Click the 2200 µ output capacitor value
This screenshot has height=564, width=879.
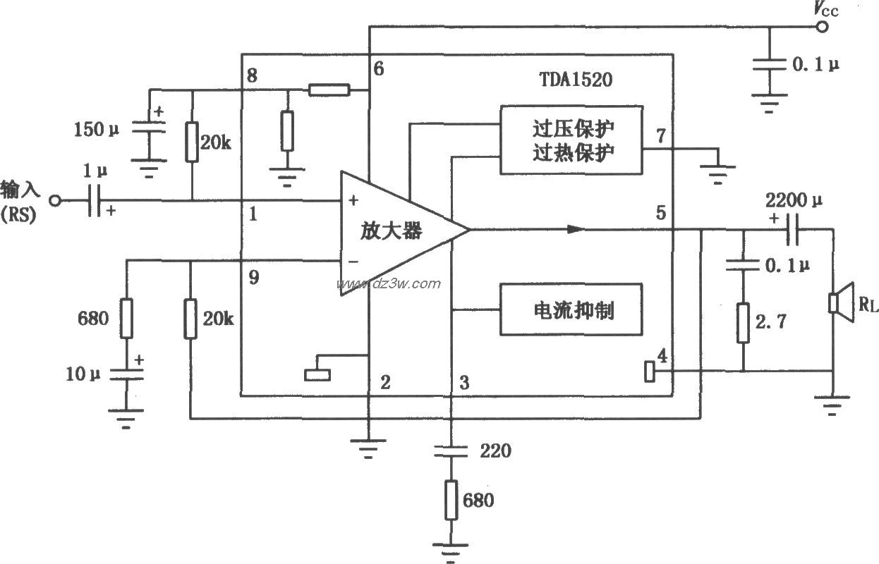tap(793, 201)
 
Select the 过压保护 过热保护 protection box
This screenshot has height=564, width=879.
tap(571, 140)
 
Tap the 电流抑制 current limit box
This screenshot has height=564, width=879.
tap(571, 309)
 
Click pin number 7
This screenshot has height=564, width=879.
tap(660, 136)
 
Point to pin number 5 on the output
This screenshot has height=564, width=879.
tap(660, 212)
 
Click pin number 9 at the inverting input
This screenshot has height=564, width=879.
tap(253, 278)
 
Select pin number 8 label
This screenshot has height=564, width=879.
tap(252, 75)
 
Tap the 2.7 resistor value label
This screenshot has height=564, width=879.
tap(770, 323)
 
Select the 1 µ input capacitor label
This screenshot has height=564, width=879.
tap(93, 171)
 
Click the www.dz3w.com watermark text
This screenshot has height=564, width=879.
tap(389, 284)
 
